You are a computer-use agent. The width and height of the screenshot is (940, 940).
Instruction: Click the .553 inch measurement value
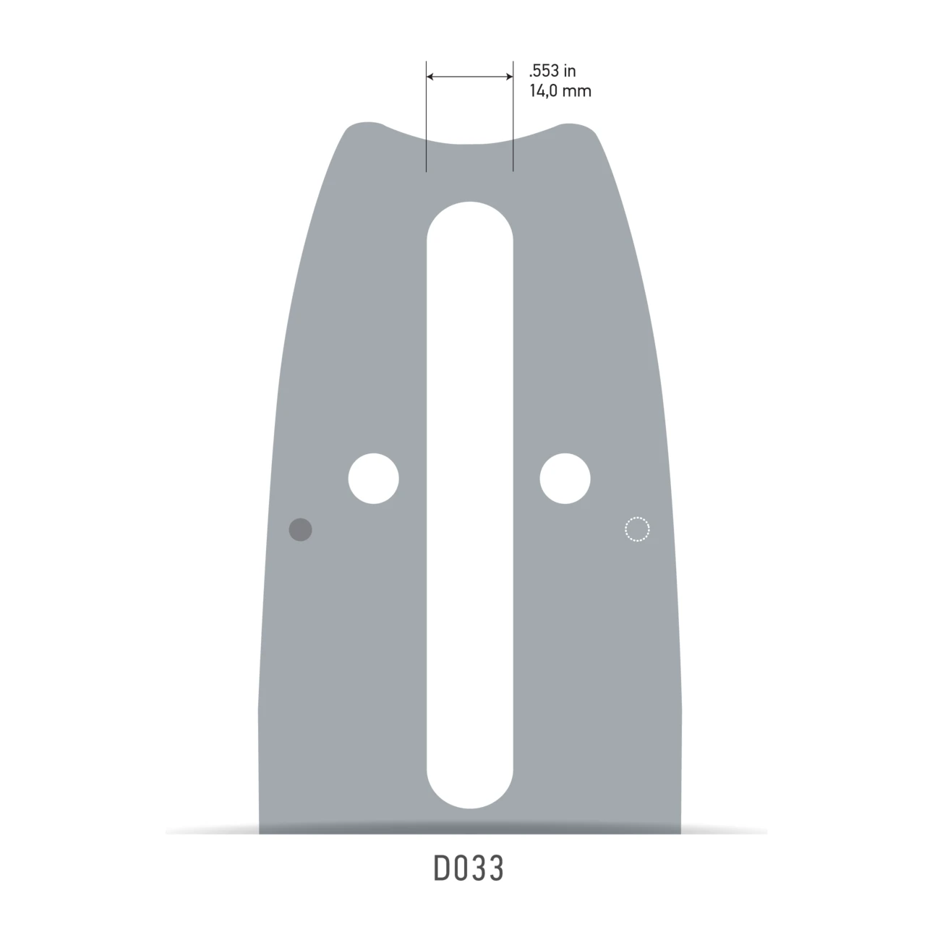click(x=544, y=71)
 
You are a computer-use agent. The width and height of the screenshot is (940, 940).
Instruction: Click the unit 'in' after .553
click(x=570, y=71)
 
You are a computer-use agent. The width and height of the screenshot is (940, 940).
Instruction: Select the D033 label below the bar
click(x=469, y=869)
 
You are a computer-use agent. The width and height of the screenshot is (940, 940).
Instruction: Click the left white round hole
click(x=373, y=479)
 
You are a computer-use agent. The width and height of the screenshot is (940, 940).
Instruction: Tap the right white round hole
click(x=565, y=479)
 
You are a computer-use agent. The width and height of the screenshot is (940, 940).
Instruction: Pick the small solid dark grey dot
click(x=300, y=529)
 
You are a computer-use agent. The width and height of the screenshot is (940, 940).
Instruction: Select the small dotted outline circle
click(x=637, y=529)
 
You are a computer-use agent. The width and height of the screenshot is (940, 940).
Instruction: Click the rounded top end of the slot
click(x=469, y=217)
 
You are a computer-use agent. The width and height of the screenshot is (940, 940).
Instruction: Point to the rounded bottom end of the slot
click(x=469, y=792)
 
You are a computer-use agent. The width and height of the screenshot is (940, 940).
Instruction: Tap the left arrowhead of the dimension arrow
click(x=431, y=76)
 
